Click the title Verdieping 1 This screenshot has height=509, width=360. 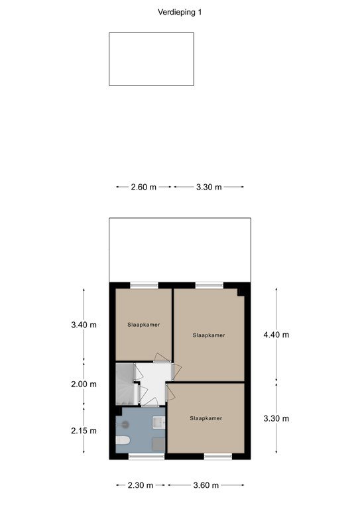click(180, 13)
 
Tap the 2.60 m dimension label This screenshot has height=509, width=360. click(143, 187)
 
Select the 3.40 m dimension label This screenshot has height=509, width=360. click(84, 325)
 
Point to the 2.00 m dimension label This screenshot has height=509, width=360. click(84, 384)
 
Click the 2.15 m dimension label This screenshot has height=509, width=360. click(84, 431)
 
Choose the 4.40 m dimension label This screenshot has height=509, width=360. click(276, 335)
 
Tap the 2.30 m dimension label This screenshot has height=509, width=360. click(141, 485)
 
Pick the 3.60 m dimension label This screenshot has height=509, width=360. click(206, 485)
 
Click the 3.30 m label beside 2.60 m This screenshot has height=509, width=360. click(209, 187)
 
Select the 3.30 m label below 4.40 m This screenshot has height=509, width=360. click(276, 418)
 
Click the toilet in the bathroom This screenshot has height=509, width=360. click(123, 440)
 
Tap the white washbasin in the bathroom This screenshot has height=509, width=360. click(159, 422)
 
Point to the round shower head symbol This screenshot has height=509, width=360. click(125, 424)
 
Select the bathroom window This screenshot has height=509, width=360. click(147, 457)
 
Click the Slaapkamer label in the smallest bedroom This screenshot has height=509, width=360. click(143, 325)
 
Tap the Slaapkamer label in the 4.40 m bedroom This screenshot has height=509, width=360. click(209, 335)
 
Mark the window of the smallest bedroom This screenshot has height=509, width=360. click(144, 286)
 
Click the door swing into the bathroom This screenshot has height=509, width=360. click(150, 402)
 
